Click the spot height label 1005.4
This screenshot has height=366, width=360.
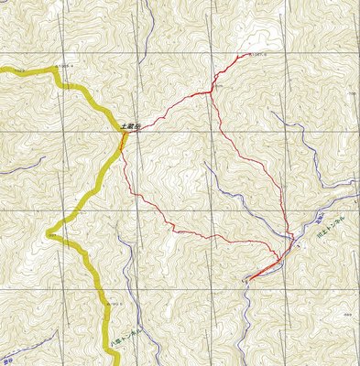(65, 66)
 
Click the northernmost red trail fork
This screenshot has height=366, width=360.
(212, 91)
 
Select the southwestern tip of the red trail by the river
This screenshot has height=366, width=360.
(247, 278)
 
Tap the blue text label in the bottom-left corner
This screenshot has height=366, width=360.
(7, 348)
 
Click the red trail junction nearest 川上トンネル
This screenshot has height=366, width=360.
(291, 240)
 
